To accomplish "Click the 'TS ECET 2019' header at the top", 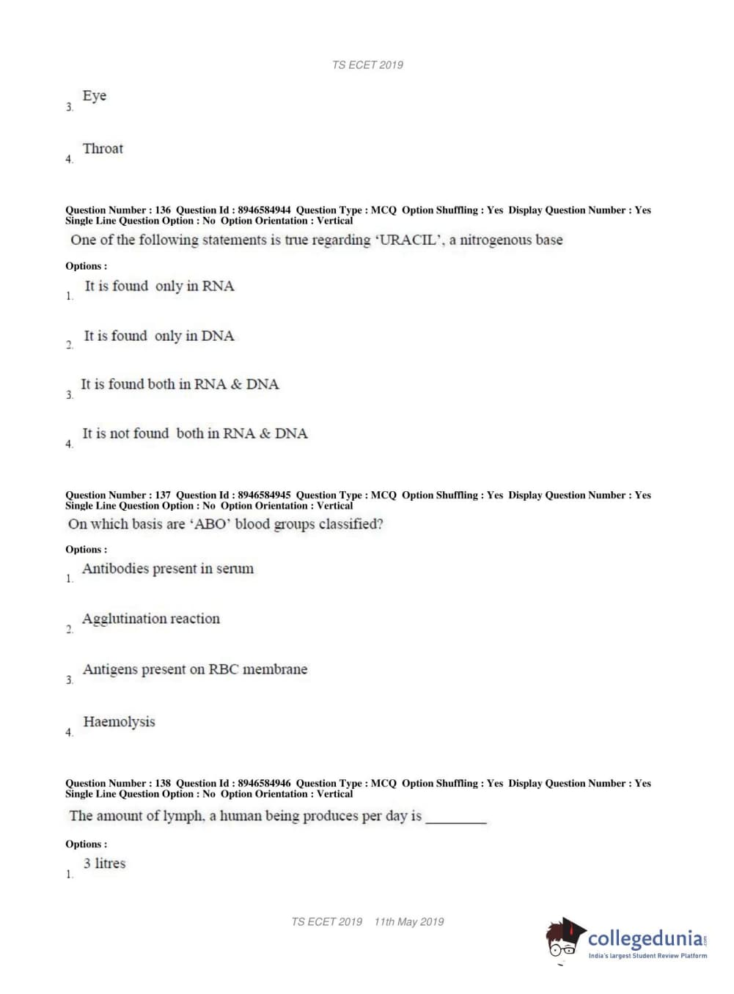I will tap(367, 65).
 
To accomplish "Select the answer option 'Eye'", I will tap(95, 96).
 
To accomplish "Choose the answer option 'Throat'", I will tap(103, 149).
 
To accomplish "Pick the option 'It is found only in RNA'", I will tap(159, 286).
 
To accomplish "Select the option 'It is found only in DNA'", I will tap(158, 336).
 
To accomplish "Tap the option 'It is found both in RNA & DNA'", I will tap(180, 384).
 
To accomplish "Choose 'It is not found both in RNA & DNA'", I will tap(194, 433).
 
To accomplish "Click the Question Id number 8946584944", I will tap(264, 210).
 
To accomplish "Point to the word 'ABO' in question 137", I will tap(210, 524).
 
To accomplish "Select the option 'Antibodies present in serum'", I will tap(168, 569).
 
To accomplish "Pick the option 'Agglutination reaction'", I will tap(151, 619).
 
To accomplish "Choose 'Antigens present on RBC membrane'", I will tap(195, 669).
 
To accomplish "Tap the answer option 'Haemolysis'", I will tap(119, 722).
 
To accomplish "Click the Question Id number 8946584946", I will tap(264, 783).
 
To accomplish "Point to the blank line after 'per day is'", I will tap(456, 820).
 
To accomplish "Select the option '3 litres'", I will tap(104, 864).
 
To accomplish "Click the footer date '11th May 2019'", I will tap(408, 921).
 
